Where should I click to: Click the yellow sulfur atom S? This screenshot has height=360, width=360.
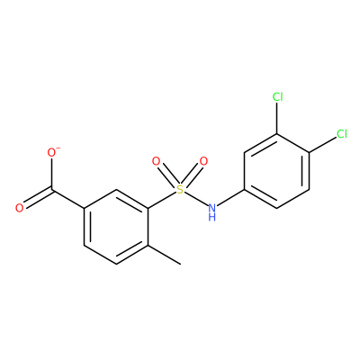tap(180, 190)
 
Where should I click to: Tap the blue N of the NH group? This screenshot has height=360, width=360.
tap(212, 207)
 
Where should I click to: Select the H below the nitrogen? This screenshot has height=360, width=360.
tap(212, 217)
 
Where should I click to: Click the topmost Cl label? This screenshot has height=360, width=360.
tap(277, 97)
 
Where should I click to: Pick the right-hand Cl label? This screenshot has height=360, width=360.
tap(342, 134)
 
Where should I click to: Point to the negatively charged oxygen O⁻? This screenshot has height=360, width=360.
tap(52, 153)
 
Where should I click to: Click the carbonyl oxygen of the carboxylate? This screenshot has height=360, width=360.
tap(20, 208)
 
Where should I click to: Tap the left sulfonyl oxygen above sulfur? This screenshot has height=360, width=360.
tap(156, 161)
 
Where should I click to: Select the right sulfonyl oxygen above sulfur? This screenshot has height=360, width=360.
tap(203, 161)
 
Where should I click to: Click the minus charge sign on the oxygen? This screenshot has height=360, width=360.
tap(58, 148)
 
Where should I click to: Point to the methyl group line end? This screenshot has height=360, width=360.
tap(181, 265)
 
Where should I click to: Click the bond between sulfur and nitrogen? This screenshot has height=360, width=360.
tap(196, 199)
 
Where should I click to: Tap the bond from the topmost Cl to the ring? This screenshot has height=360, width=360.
tap(277, 118)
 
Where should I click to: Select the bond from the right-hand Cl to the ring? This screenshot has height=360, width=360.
tap(322, 145)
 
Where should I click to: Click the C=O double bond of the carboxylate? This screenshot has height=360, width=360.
tap(38, 198)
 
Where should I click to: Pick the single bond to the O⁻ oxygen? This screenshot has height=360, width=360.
tap(52, 174)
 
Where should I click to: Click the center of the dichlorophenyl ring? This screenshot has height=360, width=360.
tap(277, 171)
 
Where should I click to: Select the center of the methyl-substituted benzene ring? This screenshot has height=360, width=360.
tap(116, 227)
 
